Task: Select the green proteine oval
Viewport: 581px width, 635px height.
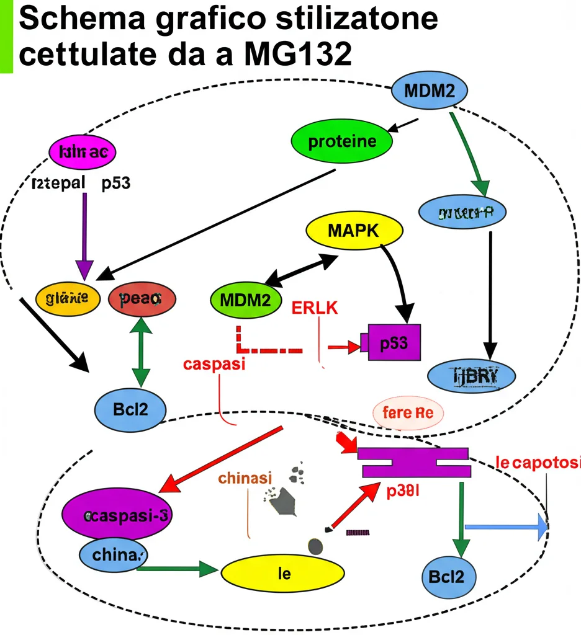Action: point(342,141)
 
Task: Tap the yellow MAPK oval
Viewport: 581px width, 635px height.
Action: point(354,231)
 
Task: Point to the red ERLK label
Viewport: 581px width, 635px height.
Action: point(315,308)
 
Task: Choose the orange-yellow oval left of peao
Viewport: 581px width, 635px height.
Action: point(67,298)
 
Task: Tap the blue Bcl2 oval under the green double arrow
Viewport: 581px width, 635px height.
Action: point(130,410)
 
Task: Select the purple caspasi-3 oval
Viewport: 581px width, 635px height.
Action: point(117,515)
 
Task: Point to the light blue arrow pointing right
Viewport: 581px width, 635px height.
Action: point(506,527)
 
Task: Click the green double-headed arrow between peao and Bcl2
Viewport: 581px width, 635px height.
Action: point(142,350)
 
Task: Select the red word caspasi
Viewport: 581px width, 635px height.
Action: point(214,364)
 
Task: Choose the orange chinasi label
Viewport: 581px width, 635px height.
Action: point(245,479)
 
